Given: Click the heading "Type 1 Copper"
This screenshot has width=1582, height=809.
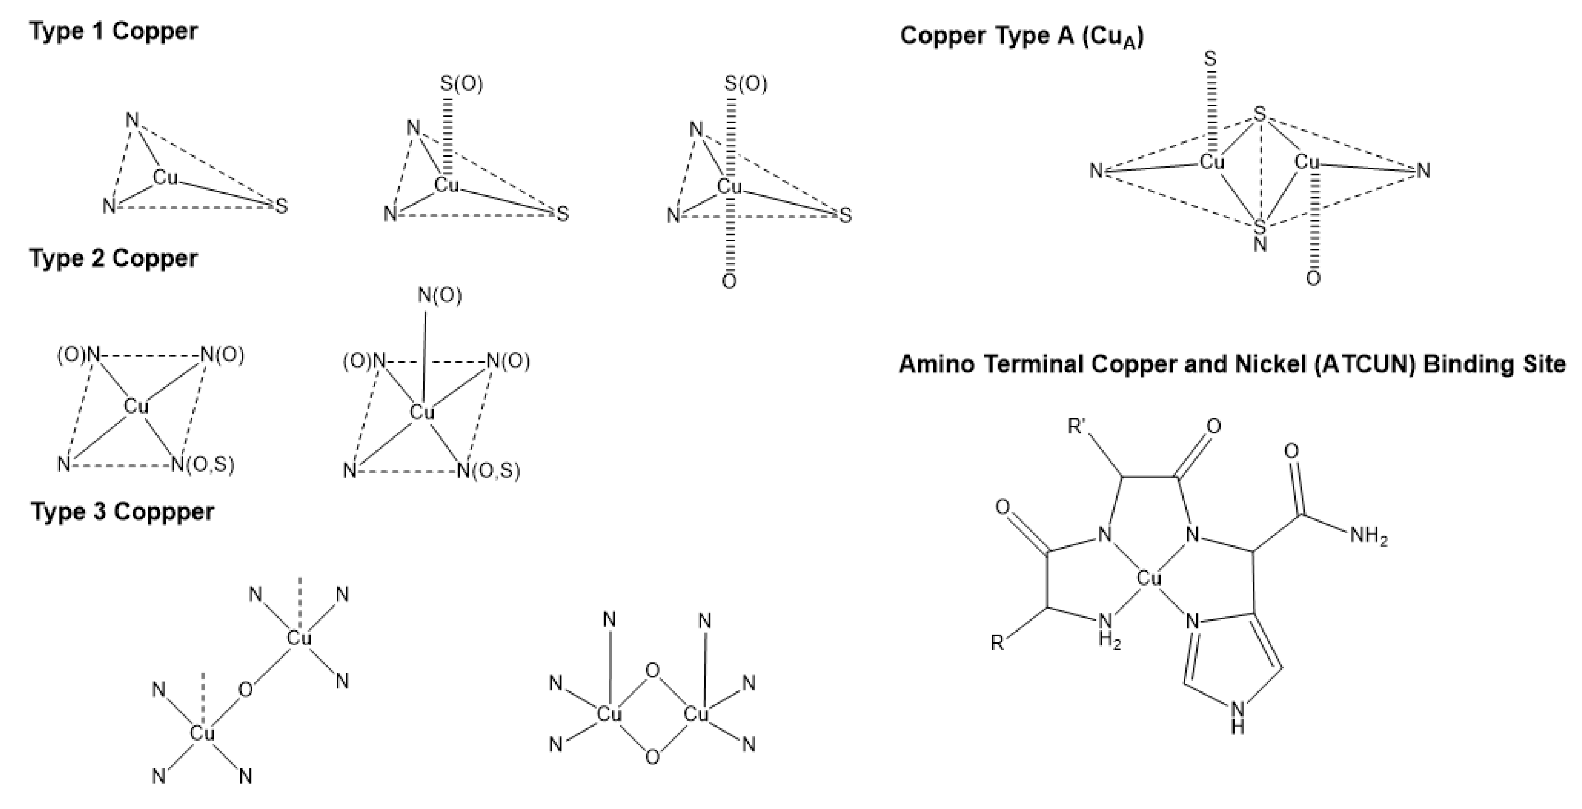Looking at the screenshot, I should coord(114,31).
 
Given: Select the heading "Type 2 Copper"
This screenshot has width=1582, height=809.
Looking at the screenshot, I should coord(114,259).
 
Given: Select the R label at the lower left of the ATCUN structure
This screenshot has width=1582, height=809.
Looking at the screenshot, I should coord(998,643).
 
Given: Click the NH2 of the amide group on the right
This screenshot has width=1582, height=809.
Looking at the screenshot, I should coord(1369,536).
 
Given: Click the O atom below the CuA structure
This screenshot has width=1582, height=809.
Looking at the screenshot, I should coord(1313,279).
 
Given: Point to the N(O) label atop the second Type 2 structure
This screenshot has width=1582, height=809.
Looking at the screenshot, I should coord(440,296).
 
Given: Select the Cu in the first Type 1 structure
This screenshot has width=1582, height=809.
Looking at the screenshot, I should coord(165,178).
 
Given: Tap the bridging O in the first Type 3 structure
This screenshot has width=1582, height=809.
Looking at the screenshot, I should coord(245,691).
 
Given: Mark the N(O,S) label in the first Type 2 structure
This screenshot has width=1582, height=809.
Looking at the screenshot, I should coord(203,465).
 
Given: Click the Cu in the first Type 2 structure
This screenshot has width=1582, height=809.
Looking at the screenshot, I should coord(136,406).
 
